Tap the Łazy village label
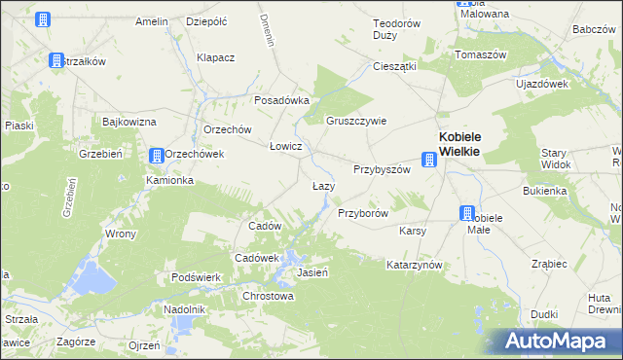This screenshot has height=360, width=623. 323,185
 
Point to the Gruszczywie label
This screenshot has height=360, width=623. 356,122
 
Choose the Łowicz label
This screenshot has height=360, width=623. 286,146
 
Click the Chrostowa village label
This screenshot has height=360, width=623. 267,296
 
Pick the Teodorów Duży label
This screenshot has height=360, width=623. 396,30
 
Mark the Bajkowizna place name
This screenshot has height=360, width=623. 129,123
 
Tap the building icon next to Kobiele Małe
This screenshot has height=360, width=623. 467,216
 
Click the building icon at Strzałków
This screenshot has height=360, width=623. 56,60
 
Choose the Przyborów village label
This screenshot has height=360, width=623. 363,213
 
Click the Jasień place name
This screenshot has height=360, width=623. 311,272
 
